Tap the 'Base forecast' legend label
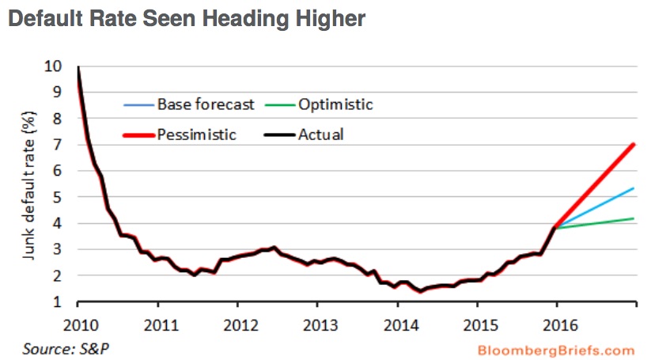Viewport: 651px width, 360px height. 206,104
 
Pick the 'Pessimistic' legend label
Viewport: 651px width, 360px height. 197,135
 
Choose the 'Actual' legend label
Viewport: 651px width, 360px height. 320,135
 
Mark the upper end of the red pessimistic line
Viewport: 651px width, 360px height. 635,145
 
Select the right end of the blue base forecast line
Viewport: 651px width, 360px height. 635,188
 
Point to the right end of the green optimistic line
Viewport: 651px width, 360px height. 635,218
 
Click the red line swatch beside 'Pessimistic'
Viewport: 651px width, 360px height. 138,135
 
